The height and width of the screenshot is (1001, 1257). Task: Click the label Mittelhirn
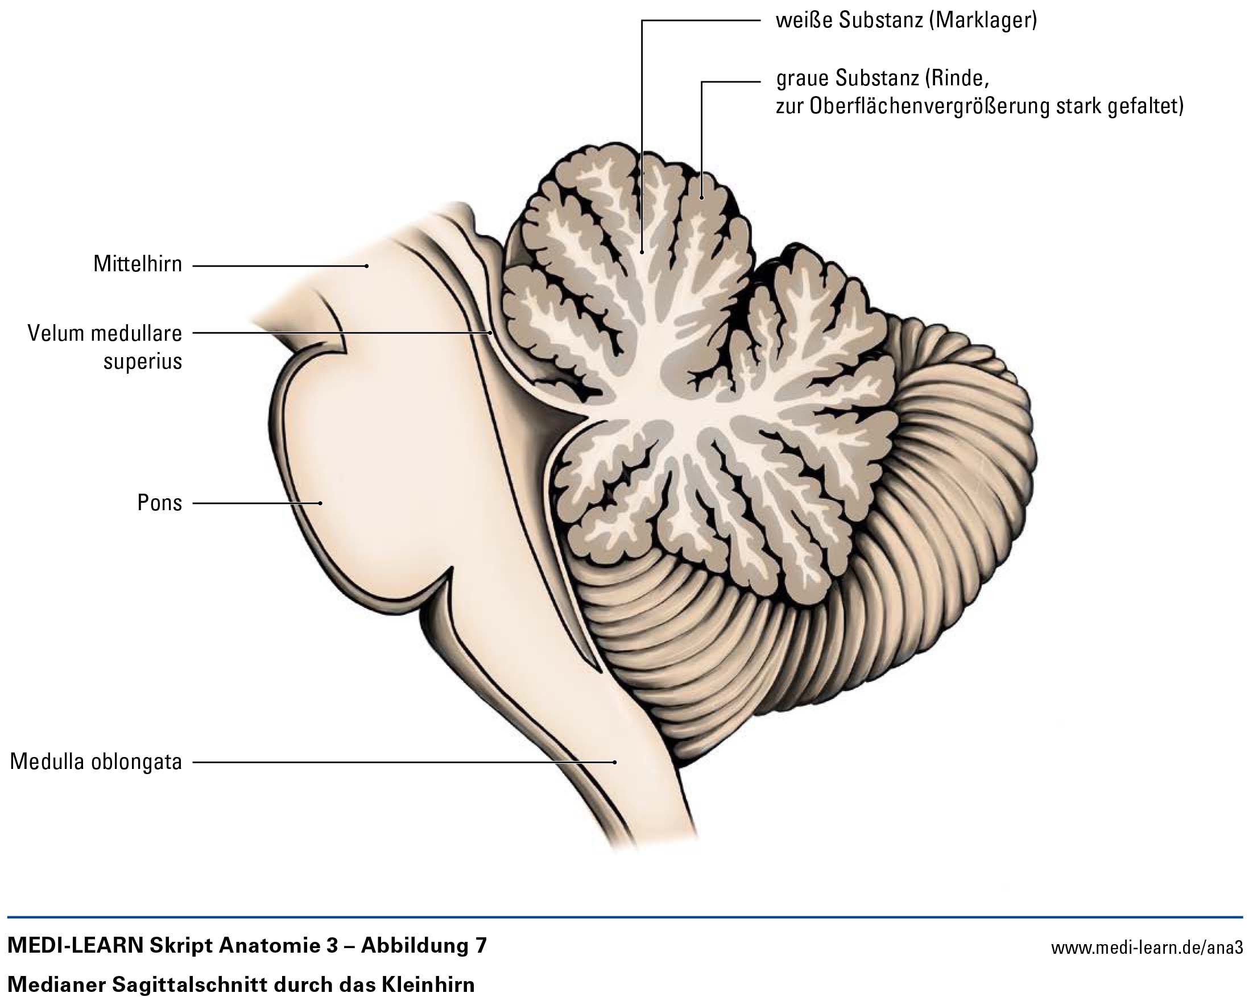(x=138, y=264)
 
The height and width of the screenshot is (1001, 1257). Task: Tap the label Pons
(x=159, y=503)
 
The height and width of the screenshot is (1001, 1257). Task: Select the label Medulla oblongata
(x=96, y=762)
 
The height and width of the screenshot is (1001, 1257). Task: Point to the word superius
(x=143, y=362)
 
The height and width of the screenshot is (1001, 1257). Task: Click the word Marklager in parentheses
(x=982, y=21)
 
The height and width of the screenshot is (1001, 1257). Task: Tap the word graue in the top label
(x=802, y=78)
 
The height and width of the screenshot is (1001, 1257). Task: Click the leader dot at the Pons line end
(x=321, y=503)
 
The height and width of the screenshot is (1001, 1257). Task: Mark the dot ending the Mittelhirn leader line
(x=367, y=266)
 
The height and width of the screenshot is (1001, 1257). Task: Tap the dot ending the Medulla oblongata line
(x=615, y=762)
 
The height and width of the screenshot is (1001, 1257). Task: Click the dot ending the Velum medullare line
(x=490, y=333)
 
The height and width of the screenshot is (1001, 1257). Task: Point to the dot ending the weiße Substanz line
(x=642, y=252)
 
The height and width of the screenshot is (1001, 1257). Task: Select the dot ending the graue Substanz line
(x=702, y=197)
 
